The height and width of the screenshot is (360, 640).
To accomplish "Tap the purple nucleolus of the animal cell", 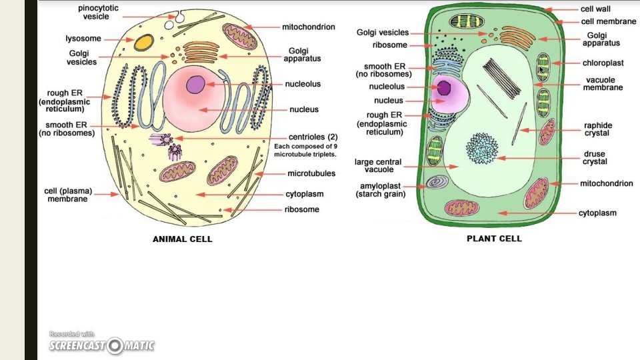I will [x=196, y=85].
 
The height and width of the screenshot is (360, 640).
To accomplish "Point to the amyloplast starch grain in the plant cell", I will [x=437, y=182].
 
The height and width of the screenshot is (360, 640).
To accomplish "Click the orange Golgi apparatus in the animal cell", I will [x=201, y=51].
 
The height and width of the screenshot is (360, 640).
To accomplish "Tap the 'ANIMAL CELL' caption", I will [x=183, y=239].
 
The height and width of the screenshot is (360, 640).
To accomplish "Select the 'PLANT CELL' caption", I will [x=494, y=238].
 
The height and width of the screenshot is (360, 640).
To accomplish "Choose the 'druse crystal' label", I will [x=595, y=158].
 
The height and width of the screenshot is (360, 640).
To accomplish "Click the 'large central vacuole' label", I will [x=378, y=165].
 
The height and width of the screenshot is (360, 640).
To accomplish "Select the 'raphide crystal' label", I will [x=597, y=129].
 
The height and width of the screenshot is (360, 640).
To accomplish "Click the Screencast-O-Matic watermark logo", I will [x=102, y=345].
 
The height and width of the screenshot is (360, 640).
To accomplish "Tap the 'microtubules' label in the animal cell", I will [x=311, y=174].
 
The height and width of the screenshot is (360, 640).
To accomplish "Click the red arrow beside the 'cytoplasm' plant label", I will [x=533, y=213].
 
